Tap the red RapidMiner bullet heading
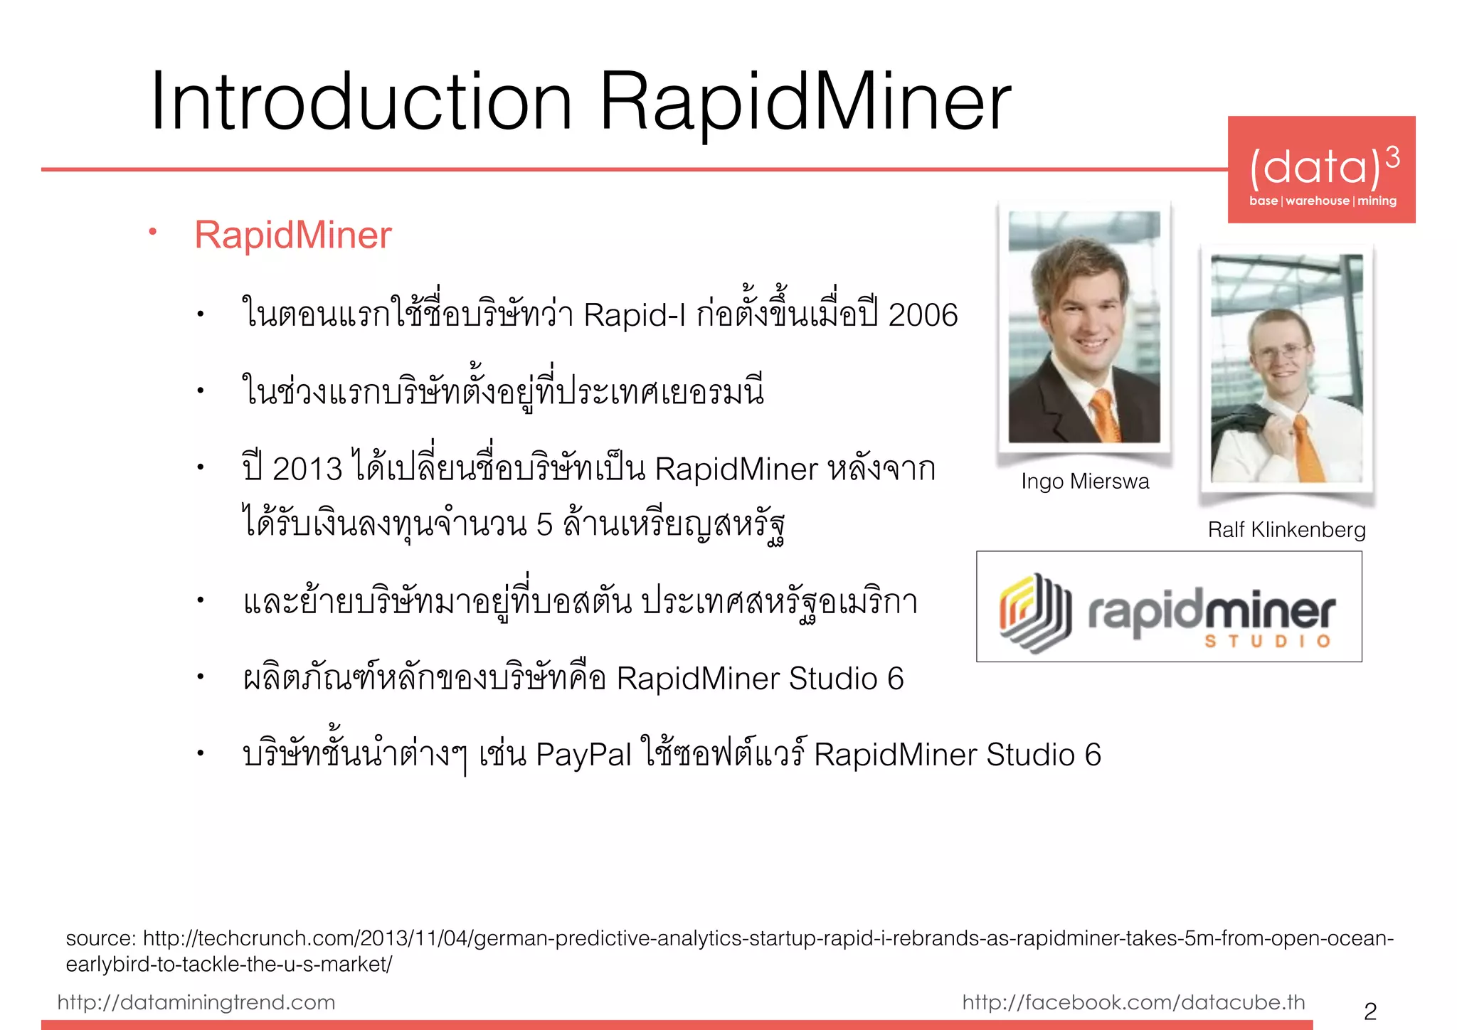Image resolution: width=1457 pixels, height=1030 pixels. pos(293,235)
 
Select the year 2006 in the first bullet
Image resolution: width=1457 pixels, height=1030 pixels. pos(923,315)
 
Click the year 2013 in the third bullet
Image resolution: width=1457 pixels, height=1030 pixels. pos(307,469)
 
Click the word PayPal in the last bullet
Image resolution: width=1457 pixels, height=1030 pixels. pos(583,755)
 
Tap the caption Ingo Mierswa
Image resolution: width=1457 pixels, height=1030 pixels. pos(1085,482)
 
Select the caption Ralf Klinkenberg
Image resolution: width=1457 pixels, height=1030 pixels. pos(1286,530)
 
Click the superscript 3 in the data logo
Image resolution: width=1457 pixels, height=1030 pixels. pos(1392,157)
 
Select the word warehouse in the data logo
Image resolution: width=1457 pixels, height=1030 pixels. pos(1317,201)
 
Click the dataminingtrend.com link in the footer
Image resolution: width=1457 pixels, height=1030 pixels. pos(196,1002)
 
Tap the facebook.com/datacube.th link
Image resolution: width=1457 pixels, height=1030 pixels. pos(1133,1002)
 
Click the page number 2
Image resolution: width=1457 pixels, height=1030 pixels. pos(1370,1011)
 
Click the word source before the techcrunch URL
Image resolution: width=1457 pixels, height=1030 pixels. pos(100,939)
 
